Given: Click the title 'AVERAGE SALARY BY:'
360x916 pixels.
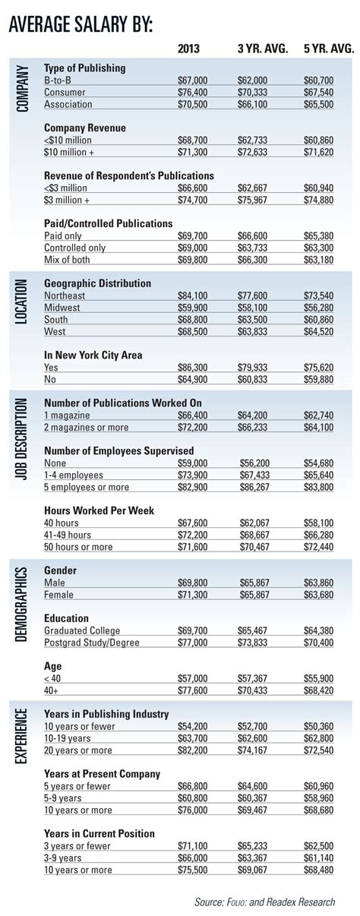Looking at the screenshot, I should (81, 26).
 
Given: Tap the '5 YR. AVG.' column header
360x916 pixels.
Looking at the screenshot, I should (327, 49).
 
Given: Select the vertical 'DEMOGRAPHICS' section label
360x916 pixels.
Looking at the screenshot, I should (22, 604).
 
